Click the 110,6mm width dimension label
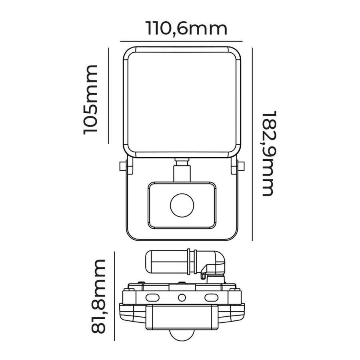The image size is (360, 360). coord(186,29)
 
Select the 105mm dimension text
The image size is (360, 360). coord(91,99)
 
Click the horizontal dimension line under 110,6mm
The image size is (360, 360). coord(182,41)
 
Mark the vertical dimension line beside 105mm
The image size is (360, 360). coord(108,96)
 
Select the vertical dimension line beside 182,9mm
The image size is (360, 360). coord(252,144)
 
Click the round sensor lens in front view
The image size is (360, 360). coord(182,206)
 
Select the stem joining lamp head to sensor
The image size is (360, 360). coord(182,171)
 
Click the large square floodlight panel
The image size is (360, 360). coord(182,102)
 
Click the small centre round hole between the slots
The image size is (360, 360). coord(182,298)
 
